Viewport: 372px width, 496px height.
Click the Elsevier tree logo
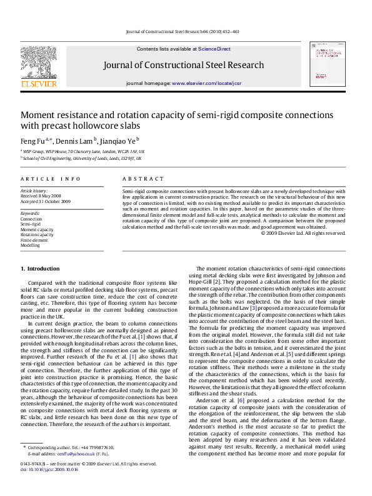pos(39,63)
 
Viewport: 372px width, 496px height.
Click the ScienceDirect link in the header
pos(214,49)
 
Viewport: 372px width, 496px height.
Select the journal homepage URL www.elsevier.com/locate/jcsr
pos(206,83)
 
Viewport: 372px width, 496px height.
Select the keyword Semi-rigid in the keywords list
pos(30,224)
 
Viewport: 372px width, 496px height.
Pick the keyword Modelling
pos(30,246)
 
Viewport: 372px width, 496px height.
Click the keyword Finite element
pos(34,240)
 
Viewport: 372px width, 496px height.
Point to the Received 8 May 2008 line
pos(41,196)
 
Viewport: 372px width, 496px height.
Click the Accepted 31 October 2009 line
pos(45,202)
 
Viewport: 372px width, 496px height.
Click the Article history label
pos(34,191)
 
